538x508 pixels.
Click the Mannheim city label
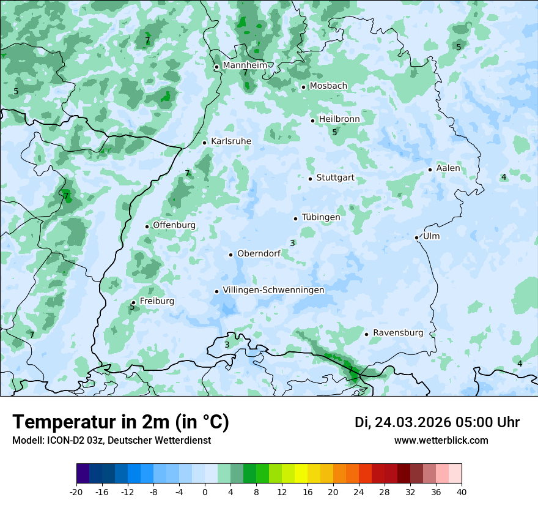click(245, 65)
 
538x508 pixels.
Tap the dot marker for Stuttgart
click(311, 179)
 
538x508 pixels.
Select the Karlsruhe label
click(230, 141)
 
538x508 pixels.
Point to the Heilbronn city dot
click(313, 121)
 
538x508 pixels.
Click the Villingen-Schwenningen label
click(273, 290)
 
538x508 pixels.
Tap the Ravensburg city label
click(397, 333)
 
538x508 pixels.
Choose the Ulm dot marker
click(417, 237)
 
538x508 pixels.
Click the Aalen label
click(448, 168)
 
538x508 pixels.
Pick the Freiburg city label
click(157, 301)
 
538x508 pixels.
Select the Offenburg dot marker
click(147, 226)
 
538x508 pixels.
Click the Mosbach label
click(328, 86)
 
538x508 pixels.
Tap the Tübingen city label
click(320, 217)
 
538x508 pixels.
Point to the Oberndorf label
click(259, 253)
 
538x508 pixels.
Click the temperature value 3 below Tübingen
click(292, 243)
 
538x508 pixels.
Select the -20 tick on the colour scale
click(76, 491)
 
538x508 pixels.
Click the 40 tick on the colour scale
click(461, 491)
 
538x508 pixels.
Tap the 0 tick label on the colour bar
click(205, 491)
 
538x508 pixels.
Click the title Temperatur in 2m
click(120, 422)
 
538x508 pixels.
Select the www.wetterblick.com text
click(441, 441)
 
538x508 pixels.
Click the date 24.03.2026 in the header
click(413, 422)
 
